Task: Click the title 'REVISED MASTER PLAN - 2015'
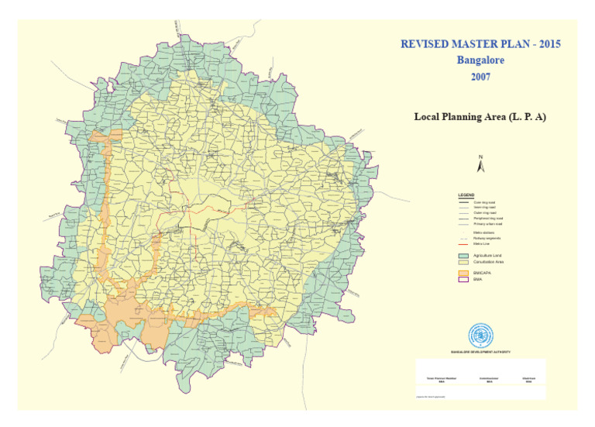pos(480,44)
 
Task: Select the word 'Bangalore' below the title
pos(480,60)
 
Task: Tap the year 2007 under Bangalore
pos(480,77)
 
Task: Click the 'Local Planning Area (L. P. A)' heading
pos(480,117)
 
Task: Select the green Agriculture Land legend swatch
pos(464,255)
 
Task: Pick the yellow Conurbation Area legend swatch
pos(464,263)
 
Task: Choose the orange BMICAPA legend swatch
pos(464,274)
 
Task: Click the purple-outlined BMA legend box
pos(464,280)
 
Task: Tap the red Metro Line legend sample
pos(464,243)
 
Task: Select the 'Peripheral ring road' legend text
pos(489,219)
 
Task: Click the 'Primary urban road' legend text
pos(488,224)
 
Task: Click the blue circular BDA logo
pos(480,335)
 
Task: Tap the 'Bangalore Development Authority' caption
pos(480,352)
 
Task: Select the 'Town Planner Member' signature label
pos(442,377)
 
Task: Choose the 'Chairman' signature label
pos(528,377)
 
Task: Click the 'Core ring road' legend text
pos(485,202)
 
